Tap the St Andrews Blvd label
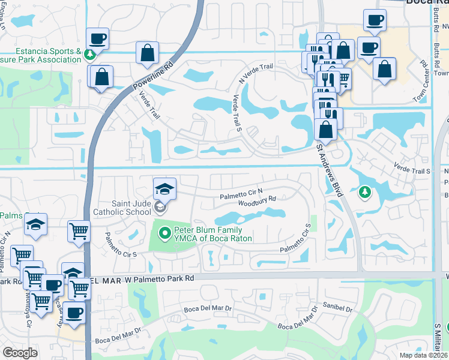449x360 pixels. coord(331,170)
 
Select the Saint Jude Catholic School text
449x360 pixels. coord(122,208)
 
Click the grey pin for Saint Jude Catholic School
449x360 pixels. coord(160,208)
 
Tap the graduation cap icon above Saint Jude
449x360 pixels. coord(164,189)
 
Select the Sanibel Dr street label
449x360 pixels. coord(340,308)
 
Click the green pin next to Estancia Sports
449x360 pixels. coord(89,55)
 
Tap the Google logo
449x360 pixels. coord(20,353)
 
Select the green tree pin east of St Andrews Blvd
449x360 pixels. coord(364,193)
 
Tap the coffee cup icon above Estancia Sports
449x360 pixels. coord(98,39)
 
